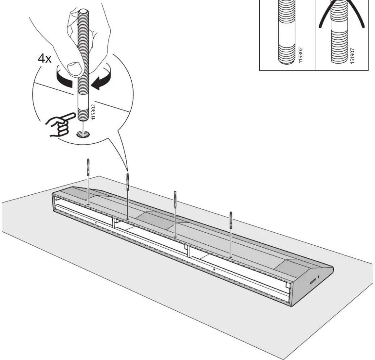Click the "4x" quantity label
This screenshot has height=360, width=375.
point(45,59)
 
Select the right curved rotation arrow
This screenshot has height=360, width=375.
point(102,80)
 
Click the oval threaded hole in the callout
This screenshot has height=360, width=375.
point(83,134)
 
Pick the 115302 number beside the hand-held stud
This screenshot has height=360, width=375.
point(93,112)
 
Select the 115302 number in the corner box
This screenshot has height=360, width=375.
point(300,55)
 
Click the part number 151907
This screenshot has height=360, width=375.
point(352,56)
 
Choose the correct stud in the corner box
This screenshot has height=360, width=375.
point(286,32)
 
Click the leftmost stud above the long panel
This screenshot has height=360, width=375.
point(88,167)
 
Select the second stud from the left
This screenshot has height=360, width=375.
point(128,182)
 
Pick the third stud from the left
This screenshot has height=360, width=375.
point(175,200)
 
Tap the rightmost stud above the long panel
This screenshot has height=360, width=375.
point(231,220)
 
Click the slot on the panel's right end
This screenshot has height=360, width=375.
point(313,281)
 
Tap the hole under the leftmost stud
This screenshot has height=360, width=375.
point(88,204)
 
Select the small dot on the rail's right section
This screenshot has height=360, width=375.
point(214,269)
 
